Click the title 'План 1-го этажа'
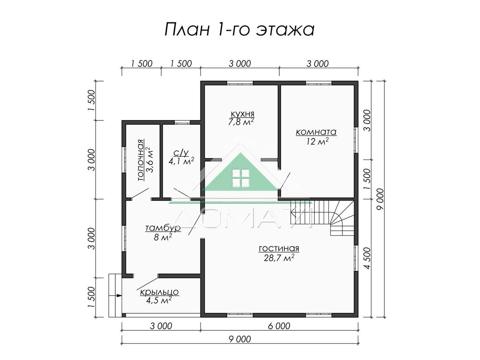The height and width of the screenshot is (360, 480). pyautogui.click(x=240, y=29)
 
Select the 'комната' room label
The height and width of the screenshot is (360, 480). pyautogui.click(x=316, y=132)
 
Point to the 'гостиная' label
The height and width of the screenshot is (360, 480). pyautogui.click(x=279, y=248)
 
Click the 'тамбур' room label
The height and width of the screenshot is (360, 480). pyautogui.click(x=163, y=228)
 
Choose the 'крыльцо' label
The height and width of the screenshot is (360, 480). pyautogui.click(x=159, y=292)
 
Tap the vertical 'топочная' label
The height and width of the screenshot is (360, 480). pyautogui.click(x=141, y=160)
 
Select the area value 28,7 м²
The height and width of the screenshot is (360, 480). pyautogui.click(x=279, y=258)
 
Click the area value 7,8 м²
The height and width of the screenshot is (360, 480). pyautogui.click(x=241, y=122)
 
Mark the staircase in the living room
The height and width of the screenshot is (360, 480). pyautogui.click(x=322, y=218)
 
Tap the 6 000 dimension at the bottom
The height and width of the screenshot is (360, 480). pyautogui.click(x=279, y=326)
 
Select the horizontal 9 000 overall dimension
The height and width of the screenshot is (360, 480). pyautogui.click(x=240, y=339)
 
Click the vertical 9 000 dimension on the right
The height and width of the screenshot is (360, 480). pyautogui.click(x=381, y=199)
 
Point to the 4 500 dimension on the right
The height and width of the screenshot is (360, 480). pyautogui.click(x=368, y=258)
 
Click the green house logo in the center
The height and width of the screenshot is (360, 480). pyautogui.click(x=240, y=172)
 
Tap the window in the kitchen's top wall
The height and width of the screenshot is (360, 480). pyautogui.click(x=240, y=83)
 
